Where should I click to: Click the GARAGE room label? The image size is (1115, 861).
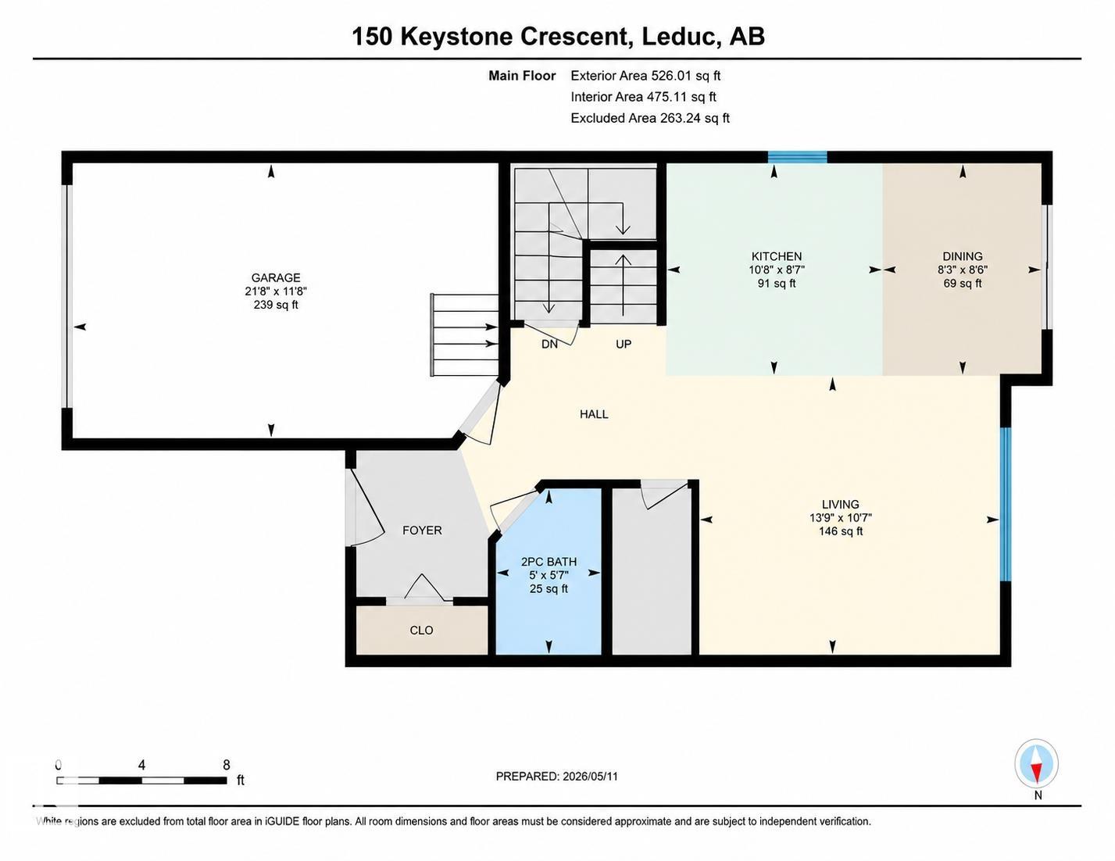pos(276,277)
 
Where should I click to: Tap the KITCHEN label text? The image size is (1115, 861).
pos(777,256)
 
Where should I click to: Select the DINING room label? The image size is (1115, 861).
pos(963,256)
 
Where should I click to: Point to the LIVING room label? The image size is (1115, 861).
pos(841,505)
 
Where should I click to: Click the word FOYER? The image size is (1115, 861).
pos(422,531)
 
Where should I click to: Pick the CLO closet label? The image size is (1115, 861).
pos(421,630)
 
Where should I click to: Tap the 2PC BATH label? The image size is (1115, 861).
pos(549,562)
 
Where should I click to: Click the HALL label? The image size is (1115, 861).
pos(594,414)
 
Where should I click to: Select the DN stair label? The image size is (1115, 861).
pos(549,345)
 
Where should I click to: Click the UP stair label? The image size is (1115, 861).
pos(624,345)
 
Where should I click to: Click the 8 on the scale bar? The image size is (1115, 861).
pos(227,765)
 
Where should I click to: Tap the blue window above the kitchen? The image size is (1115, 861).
pos(798,157)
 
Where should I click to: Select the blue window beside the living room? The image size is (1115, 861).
pos(1006,505)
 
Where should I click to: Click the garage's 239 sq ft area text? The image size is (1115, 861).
pos(276,305)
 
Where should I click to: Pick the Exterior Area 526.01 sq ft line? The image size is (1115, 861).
pos(645,76)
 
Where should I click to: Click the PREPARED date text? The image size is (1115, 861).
pos(557,777)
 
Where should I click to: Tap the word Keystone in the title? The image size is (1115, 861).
pos(456,37)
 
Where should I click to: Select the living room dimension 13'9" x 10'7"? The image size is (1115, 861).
pos(841,518)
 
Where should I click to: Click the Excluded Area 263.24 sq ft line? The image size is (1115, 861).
pos(650,118)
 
